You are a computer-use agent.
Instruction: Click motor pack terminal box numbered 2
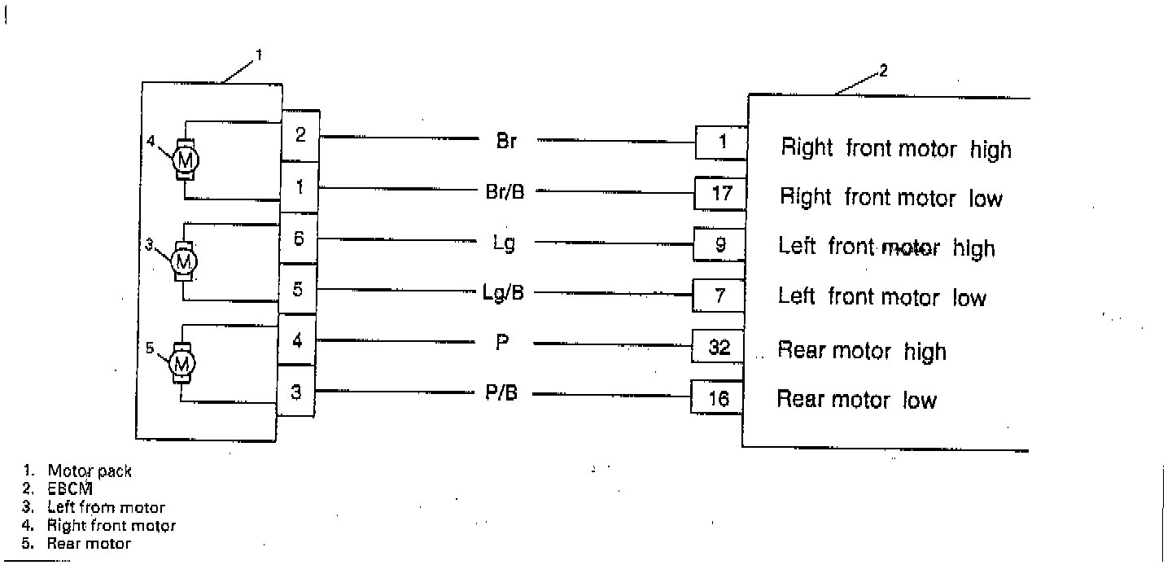pos(300,135)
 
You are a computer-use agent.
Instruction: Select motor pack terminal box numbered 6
pos(299,239)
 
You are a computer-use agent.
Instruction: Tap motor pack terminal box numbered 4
pos(297,339)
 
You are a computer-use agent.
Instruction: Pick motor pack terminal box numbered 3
pos(296,392)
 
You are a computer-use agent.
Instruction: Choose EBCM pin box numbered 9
pos(719,243)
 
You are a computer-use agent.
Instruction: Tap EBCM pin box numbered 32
pos(719,348)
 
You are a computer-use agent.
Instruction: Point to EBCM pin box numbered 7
pos(719,296)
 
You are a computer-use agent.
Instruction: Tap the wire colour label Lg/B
pos(504,292)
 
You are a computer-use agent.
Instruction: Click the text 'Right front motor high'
pos(896,149)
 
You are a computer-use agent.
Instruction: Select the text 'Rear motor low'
pos(856,400)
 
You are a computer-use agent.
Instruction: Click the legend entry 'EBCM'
pos(71,488)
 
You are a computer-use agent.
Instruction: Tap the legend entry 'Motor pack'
pos(89,471)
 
